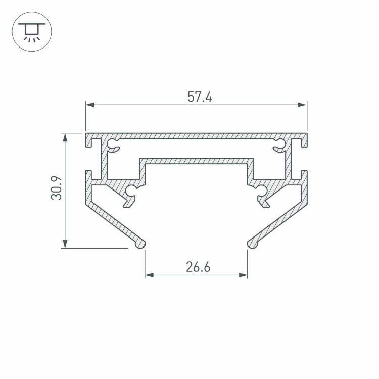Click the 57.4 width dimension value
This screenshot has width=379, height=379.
click(200, 97)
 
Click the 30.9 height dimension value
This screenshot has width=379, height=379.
click(56, 188)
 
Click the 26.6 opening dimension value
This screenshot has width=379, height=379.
click(198, 267)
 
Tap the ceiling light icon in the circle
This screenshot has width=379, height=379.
click(32, 32)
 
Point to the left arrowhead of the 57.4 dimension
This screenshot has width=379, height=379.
click(90, 105)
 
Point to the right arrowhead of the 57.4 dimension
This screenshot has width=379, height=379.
click(302, 105)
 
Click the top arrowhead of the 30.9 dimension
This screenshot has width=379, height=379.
click(65, 137)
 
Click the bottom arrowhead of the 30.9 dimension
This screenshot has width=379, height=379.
click(65, 244)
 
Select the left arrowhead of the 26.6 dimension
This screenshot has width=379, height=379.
click(150, 275)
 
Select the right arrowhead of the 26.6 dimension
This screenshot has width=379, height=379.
click(243, 275)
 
